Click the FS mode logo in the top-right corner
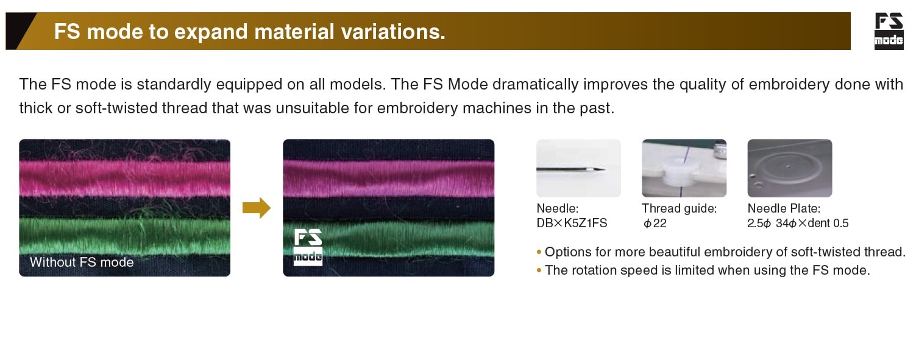coord(889,31)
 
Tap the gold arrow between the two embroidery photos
coord(257,208)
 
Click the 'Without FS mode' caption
coord(82,262)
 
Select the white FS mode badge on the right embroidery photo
coord(308,247)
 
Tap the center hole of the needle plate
coord(788,167)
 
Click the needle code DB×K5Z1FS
coord(572,223)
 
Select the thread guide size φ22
coord(655,223)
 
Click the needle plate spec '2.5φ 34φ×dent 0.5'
coord(798,223)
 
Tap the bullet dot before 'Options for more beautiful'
coord(539,252)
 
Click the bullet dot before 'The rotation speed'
coord(539,270)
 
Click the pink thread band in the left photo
coord(125,178)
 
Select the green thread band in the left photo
coord(125,236)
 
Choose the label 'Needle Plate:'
coord(784,208)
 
